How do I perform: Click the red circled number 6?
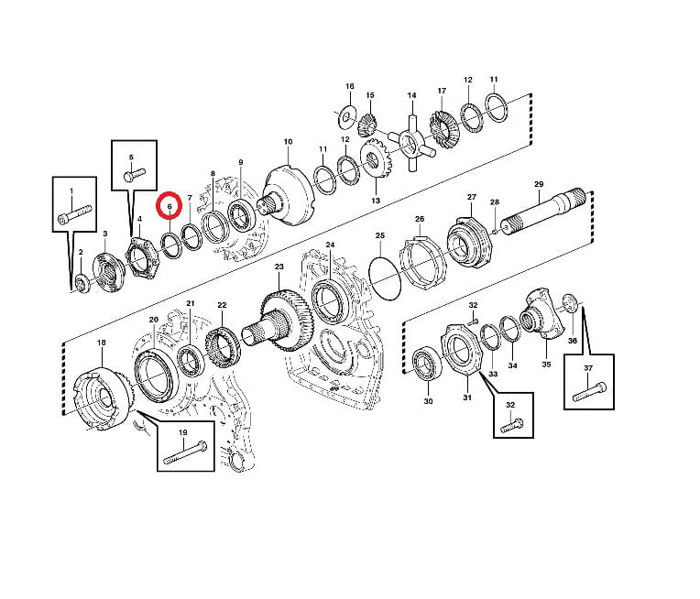170,206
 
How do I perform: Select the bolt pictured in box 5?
134,174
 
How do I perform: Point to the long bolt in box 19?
185,452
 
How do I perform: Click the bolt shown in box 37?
589,390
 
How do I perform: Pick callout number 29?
539,184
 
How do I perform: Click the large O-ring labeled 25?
385,278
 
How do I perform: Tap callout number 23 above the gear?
279,267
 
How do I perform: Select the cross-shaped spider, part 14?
412,143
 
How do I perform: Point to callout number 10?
288,141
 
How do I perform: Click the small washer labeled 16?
346,116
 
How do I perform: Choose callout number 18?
102,343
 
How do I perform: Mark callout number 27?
472,197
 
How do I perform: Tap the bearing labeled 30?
426,363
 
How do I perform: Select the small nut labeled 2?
82,285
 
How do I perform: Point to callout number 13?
376,201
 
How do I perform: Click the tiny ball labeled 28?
495,231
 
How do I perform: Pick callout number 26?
420,219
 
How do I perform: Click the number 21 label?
191,303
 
